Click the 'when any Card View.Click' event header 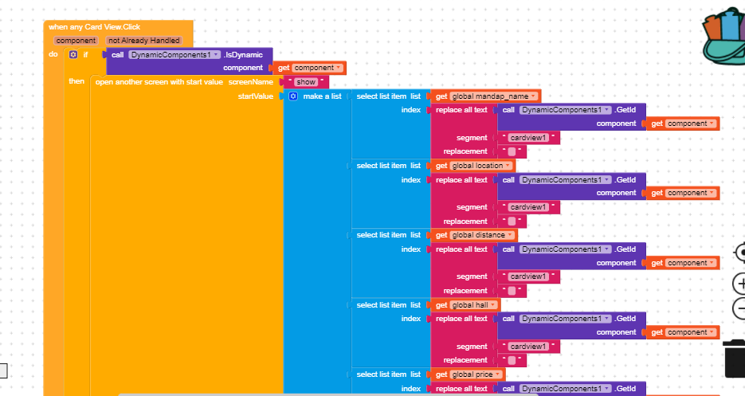[94, 26]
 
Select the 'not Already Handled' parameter [144, 40]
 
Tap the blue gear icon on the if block [73, 54]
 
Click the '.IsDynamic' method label [243, 54]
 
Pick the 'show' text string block [306, 81]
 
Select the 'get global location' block [470, 166]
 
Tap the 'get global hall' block [465, 305]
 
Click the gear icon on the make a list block [292, 96]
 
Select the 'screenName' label [250, 81]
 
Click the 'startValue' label [256, 96]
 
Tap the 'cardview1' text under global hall [528, 347]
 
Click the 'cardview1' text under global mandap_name [528, 138]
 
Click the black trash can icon [734, 358]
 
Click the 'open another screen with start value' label [159, 81]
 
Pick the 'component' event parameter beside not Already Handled [76, 40]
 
